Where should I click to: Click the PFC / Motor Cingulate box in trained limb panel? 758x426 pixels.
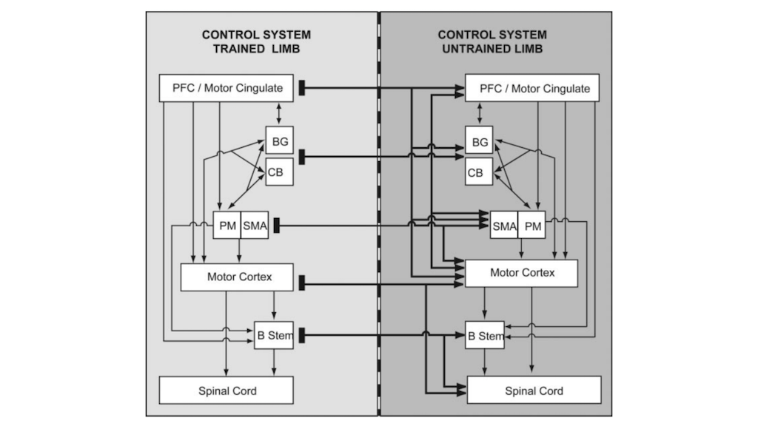(227, 88)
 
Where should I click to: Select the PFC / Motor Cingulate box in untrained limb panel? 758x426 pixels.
(532, 89)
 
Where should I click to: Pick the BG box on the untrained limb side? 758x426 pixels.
(479, 141)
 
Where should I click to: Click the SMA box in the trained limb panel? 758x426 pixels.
(254, 226)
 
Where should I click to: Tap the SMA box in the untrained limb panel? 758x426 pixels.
(503, 226)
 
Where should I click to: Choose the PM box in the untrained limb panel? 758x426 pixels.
(531, 226)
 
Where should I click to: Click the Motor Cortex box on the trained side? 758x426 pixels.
(238, 277)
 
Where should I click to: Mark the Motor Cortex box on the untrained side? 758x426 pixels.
(521, 273)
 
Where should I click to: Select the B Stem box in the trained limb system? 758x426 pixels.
(273, 337)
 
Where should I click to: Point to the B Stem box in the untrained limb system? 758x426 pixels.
(485, 337)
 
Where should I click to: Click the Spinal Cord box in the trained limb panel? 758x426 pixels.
(227, 390)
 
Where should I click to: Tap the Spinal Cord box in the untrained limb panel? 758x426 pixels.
(534, 390)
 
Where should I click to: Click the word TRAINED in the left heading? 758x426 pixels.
(238, 49)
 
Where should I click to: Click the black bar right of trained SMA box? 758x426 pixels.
(277, 226)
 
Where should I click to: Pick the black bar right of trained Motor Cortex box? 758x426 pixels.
(303, 283)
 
